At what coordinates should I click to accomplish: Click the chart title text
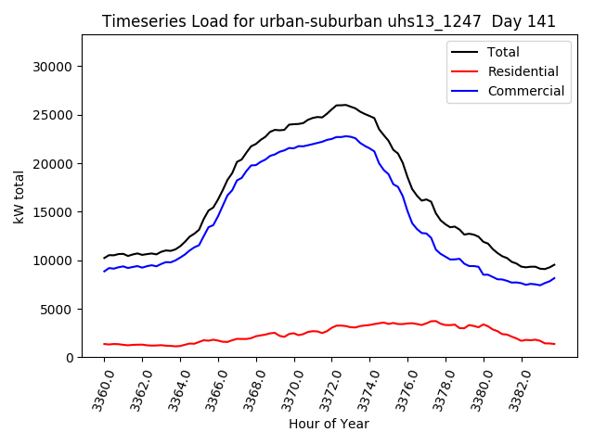(x=329, y=21)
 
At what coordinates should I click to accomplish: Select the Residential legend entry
(x=523, y=71)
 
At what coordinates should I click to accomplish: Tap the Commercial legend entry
(x=525, y=91)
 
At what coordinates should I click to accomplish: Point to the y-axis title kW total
(x=19, y=196)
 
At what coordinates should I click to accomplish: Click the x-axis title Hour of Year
(x=329, y=424)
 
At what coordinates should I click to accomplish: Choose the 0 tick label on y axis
(x=71, y=357)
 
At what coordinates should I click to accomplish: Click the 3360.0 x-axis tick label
(x=98, y=388)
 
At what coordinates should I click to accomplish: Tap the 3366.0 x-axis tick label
(x=213, y=388)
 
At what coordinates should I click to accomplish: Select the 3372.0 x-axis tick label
(x=326, y=388)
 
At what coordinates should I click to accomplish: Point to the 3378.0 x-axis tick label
(x=440, y=388)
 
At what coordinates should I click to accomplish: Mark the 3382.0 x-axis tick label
(x=515, y=388)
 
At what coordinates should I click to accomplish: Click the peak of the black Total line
(x=342, y=105)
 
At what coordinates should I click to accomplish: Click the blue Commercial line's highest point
(x=345, y=136)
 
